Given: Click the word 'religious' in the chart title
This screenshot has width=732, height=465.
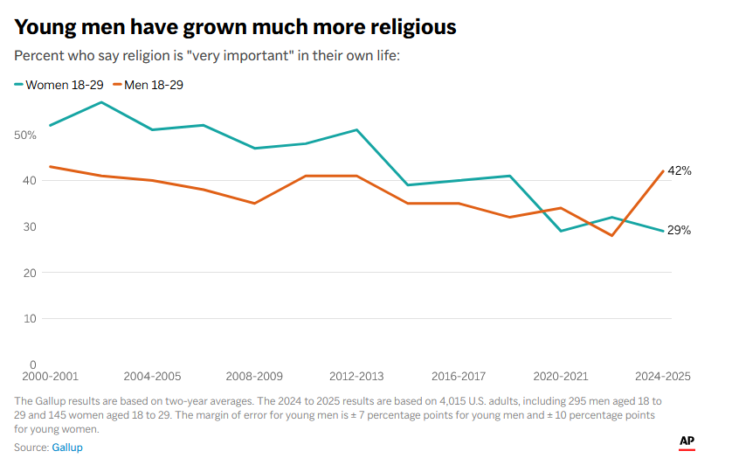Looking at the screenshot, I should [410, 27].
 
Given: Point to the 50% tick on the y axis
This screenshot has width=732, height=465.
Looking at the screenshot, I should [24, 135].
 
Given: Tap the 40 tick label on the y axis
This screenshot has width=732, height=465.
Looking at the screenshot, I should [29, 181].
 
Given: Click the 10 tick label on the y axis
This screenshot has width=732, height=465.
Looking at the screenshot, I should [29, 318].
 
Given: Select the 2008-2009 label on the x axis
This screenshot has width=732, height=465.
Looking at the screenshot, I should [254, 377].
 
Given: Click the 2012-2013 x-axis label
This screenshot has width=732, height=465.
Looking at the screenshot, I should [357, 377].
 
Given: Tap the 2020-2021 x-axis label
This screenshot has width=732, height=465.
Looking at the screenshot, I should [562, 377].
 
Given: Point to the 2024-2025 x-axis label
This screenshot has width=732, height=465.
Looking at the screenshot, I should [662, 377].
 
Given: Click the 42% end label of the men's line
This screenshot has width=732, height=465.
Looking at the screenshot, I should [680, 171].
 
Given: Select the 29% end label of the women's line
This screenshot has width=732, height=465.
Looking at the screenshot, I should [680, 231].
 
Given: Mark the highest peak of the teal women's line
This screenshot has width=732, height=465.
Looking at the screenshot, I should [101, 102].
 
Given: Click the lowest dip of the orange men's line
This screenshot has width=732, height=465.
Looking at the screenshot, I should [612, 236].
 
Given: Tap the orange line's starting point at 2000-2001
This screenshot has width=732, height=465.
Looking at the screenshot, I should [51, 166].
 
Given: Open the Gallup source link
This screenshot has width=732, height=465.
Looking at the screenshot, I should [68, 448].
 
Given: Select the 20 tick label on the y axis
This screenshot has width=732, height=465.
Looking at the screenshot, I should [29, 273].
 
